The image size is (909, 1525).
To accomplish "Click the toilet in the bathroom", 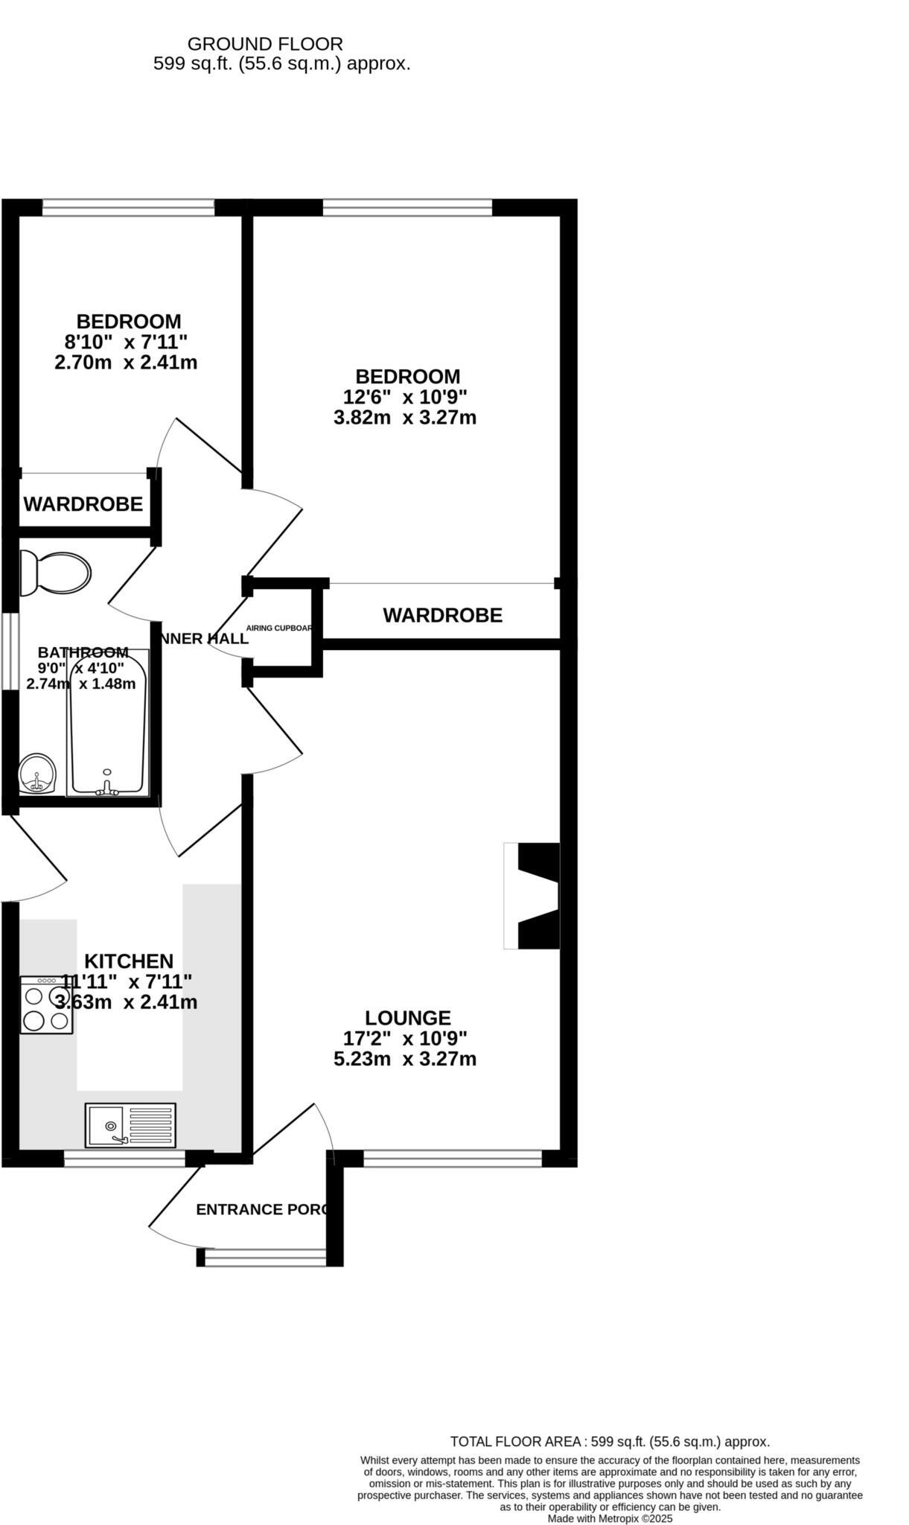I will [56, 573].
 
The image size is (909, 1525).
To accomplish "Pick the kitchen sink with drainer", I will [130, 1125].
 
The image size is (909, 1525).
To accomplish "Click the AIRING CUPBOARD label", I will [279, 628].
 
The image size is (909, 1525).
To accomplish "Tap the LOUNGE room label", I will [408, 1018].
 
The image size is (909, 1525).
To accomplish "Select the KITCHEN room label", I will [129, 961].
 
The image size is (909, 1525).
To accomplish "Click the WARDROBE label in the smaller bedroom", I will [83, 504].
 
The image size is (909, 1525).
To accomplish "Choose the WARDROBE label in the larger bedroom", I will [442, 615].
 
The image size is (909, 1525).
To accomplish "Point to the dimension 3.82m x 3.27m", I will [405, 418].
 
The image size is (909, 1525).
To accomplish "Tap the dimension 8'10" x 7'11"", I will [126, 343].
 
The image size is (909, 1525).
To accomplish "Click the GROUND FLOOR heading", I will [265, 44].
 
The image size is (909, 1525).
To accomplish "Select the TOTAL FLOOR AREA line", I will [610, 1442].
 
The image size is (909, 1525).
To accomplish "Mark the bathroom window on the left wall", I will [9, 651].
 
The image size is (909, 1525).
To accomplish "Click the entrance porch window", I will [265, 1258].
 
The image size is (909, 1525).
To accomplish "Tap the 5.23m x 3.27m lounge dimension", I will [405, 1059].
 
